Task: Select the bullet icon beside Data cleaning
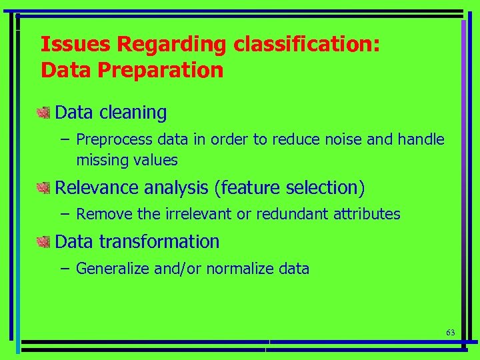tap(44, 113)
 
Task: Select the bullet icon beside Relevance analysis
tap(44, 188)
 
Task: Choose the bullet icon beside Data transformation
tap(44, 241)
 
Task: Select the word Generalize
tap(113, 269)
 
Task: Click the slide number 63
tap(450, 332)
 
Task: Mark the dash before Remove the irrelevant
tap(63, 214)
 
